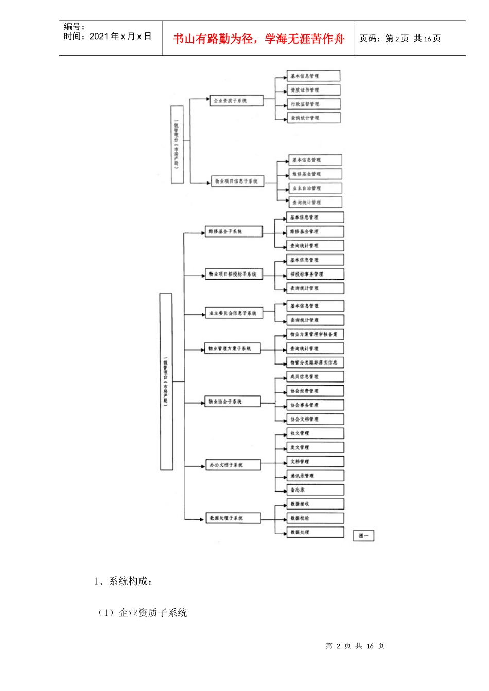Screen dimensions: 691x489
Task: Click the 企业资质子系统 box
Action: pyautogui.click(x=236, y=101)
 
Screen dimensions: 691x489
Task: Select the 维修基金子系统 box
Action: pyautogui.click(x=233, y=232)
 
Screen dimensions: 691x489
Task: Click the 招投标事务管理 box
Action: pyautogui.click(x=315, y=275)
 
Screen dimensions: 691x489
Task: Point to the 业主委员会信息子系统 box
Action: pyautogui.click(x=234, y=313)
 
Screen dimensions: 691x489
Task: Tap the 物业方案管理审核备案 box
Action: pyautogui.click(x=315, y=334)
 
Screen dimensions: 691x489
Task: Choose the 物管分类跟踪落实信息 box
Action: pyautogui.click(x=315, y=362)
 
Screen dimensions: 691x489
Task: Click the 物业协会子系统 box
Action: pyautogui.click(x=233, y=402)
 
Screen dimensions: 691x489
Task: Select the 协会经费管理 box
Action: pyautogui.click(x=315, y=391)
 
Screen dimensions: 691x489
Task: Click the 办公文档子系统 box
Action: pyautogui.click(x=233, y=465)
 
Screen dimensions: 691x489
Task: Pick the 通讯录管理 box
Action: pyautogui.click(x=315, y=476)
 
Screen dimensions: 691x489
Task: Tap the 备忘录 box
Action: pyautogui.click(x=315, y=490)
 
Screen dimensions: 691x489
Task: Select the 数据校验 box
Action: pyautogui.click(x=315, y=518)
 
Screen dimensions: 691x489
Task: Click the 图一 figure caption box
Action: pyautogui.click(x=363, y=536)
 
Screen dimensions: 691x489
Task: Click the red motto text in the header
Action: pyautogui.click(x=258, y=39)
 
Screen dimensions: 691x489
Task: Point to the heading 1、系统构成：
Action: pyautogui.click(x=123, y=581)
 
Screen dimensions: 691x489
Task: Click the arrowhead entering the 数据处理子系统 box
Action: pyautogui.click(x=202, y=519)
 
